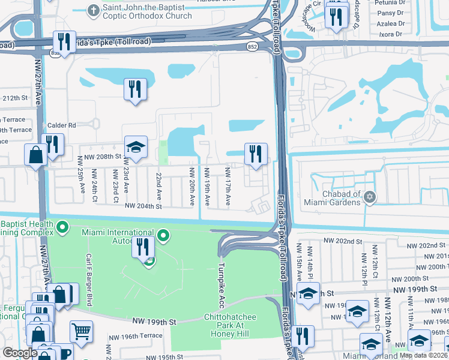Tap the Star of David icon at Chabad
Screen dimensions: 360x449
(370, 197)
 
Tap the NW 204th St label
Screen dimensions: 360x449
(143, 206)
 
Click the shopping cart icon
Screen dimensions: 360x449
(81, 331)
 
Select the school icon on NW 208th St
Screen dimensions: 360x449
(136, 146)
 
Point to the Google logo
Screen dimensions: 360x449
(20, 353)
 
